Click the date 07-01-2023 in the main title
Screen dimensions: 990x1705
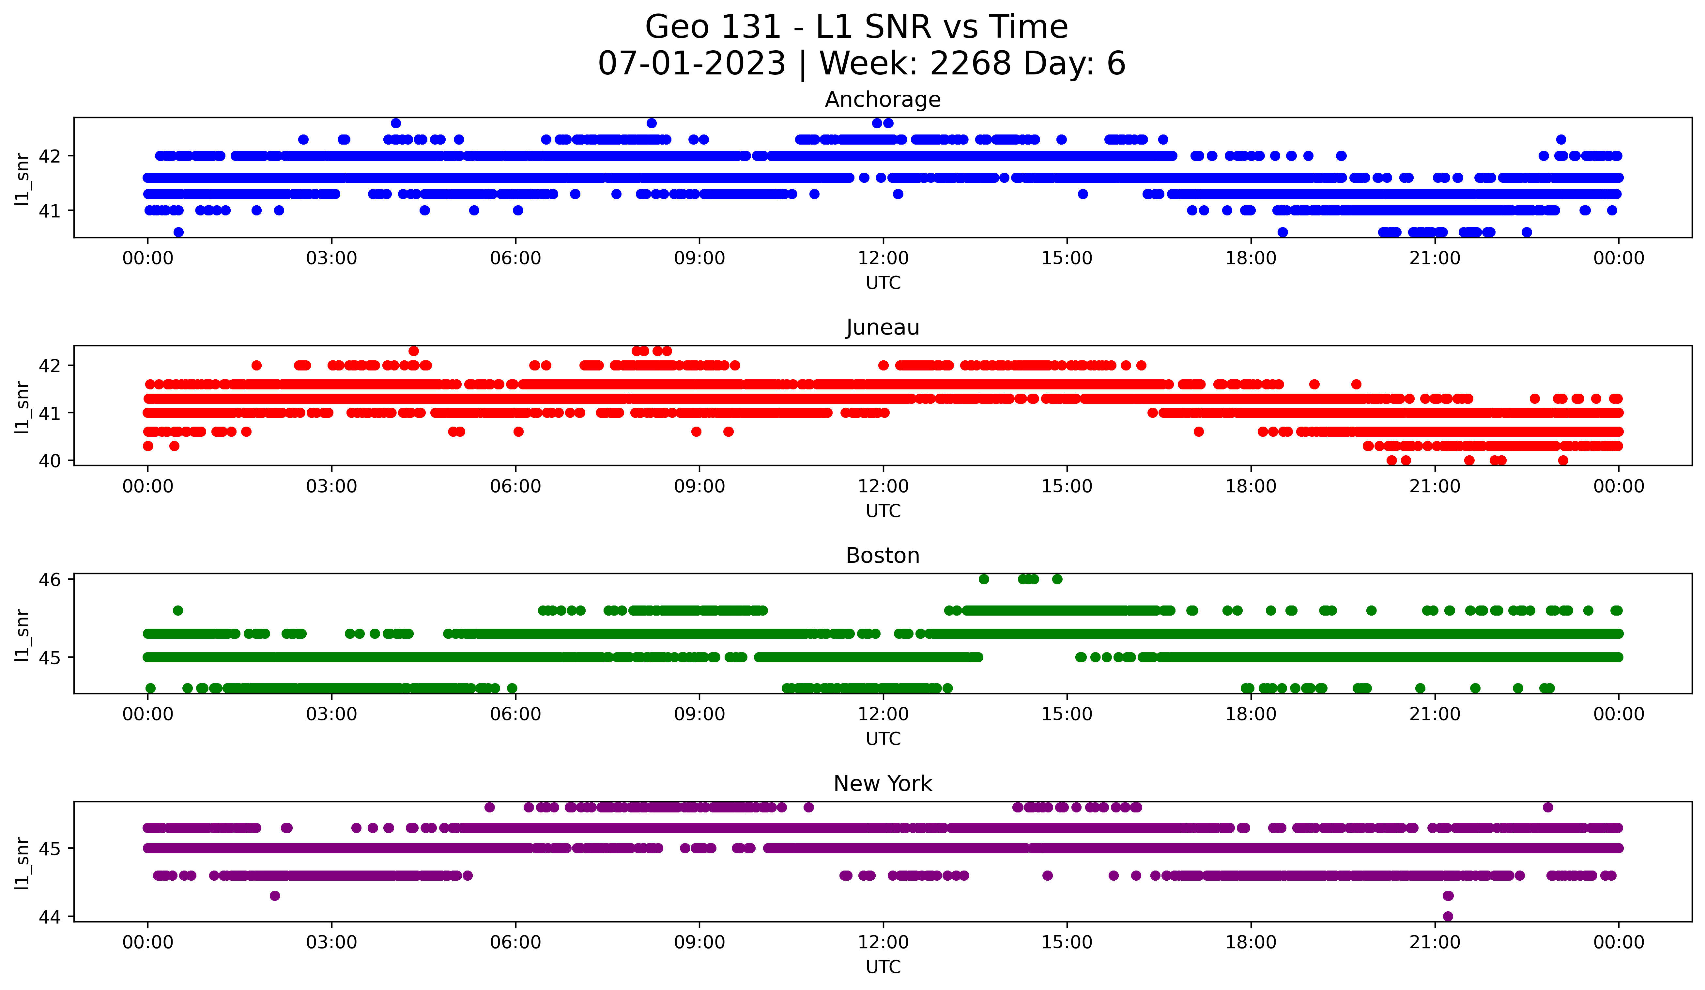point(691,64)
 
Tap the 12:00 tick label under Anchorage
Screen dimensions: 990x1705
point(883,258)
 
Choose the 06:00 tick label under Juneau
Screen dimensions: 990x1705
point(515,486)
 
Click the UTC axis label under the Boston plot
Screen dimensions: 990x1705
point(883,739)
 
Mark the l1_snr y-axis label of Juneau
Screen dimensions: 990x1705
point(22,406)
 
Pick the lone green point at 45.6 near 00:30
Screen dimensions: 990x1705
point(178,610)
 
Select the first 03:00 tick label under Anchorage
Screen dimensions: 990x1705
point(331,258)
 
